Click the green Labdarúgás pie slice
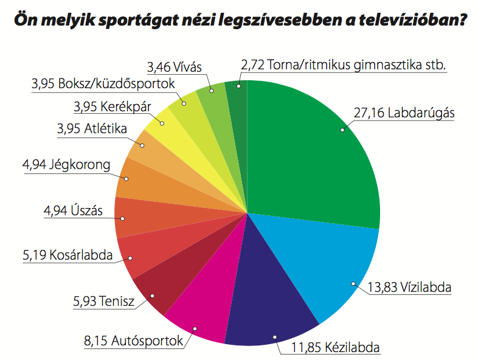pyautogui.click(x=310, y=152)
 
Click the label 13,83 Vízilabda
pyautogui.click(x=410, y=287)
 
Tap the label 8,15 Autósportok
pyautogui.click(x=133, y=342)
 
